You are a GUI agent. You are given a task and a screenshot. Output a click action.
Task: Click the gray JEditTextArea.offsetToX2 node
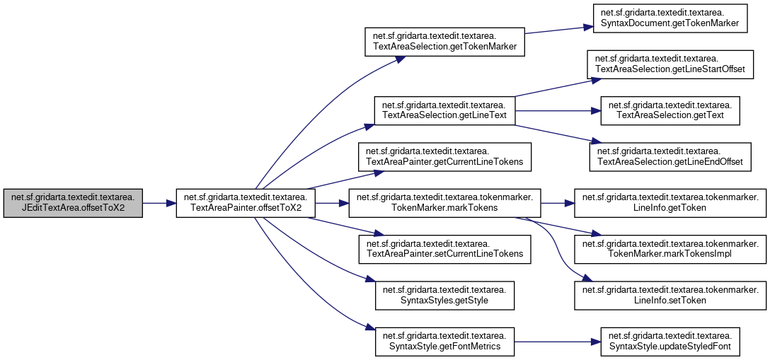point(73,203)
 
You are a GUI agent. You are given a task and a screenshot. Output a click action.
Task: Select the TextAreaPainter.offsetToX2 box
point(245,203)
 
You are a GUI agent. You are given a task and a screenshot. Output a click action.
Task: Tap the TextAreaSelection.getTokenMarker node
point(443,42)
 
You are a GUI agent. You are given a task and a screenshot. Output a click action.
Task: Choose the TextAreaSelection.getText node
point(670,110)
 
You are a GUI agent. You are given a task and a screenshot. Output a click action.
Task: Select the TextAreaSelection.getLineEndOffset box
point(670,156)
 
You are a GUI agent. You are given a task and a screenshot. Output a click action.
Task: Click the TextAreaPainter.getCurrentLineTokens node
point(444,156)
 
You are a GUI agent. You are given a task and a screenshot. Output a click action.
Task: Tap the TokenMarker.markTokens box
point(444,203)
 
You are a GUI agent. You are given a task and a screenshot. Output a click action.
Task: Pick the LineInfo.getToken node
point(670,203)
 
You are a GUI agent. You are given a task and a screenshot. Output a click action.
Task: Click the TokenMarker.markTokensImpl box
point(670,249)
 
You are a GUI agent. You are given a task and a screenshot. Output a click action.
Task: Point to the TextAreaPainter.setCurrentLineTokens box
point(444,249)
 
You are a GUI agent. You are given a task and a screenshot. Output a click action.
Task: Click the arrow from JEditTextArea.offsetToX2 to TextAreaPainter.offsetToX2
point(159,203)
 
